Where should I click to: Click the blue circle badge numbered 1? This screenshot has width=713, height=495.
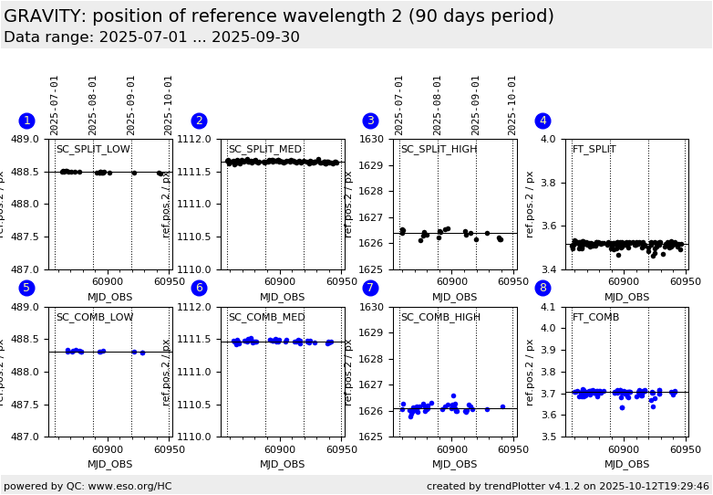(26, 121)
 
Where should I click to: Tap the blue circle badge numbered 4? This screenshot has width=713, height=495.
(542, 121)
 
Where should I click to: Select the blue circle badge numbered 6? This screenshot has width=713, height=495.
(199, 288)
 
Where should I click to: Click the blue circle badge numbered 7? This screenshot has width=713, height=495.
(370, 288)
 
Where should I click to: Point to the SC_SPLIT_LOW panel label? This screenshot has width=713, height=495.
(93, 150)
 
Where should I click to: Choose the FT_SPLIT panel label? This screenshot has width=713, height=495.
(594, 150)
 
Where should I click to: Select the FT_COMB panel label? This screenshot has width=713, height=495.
(596, 318)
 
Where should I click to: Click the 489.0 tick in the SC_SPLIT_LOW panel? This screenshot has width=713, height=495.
(25, 140)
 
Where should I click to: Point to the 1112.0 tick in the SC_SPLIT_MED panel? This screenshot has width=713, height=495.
(194, 140)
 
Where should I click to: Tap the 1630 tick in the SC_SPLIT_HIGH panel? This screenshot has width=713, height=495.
(372, 140)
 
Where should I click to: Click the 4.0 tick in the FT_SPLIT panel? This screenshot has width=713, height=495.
(549, 140)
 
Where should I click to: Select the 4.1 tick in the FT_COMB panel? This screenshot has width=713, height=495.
(549, 308)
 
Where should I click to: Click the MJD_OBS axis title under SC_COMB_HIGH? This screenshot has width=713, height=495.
(454, 465)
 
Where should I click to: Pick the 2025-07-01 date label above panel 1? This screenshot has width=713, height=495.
(55, 104)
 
